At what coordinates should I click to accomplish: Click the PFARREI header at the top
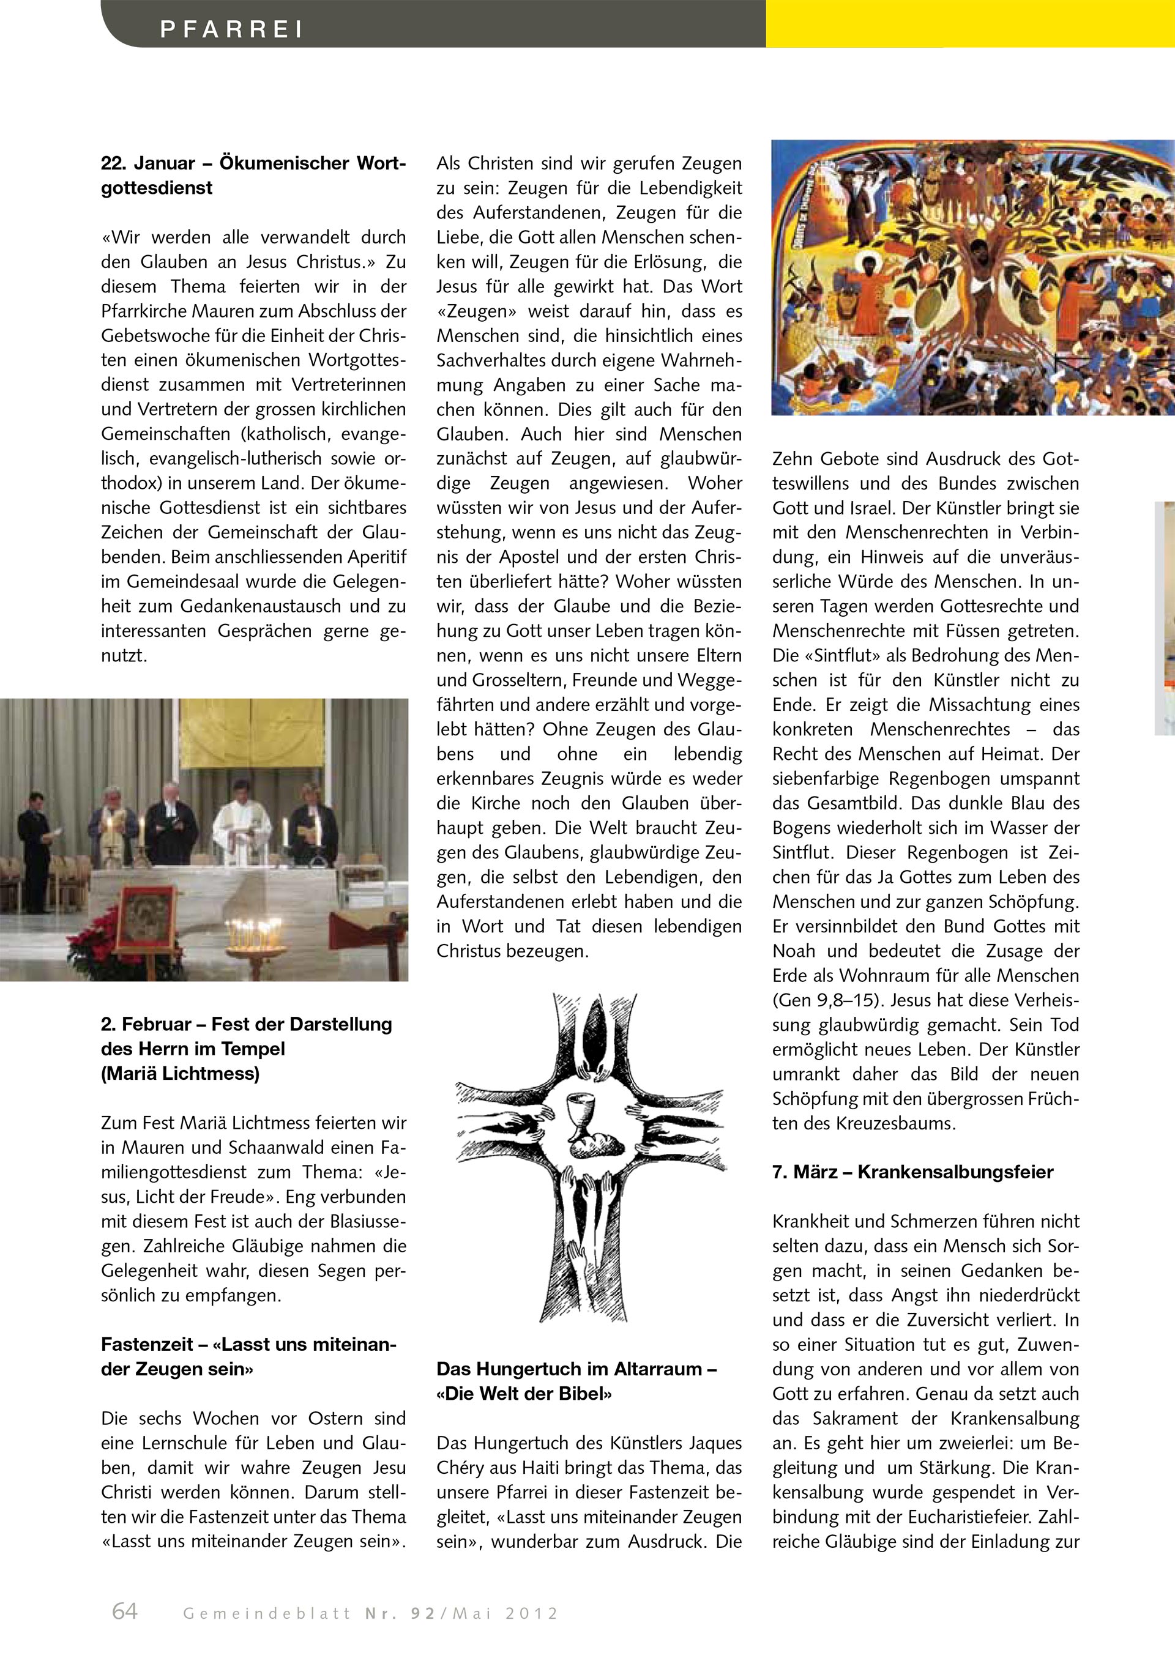pos(231,29)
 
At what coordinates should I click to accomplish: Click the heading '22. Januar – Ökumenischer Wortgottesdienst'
pos(253,175)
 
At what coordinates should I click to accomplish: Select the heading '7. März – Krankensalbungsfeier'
pos(912,1172)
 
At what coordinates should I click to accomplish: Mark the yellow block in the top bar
pos(969,23)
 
